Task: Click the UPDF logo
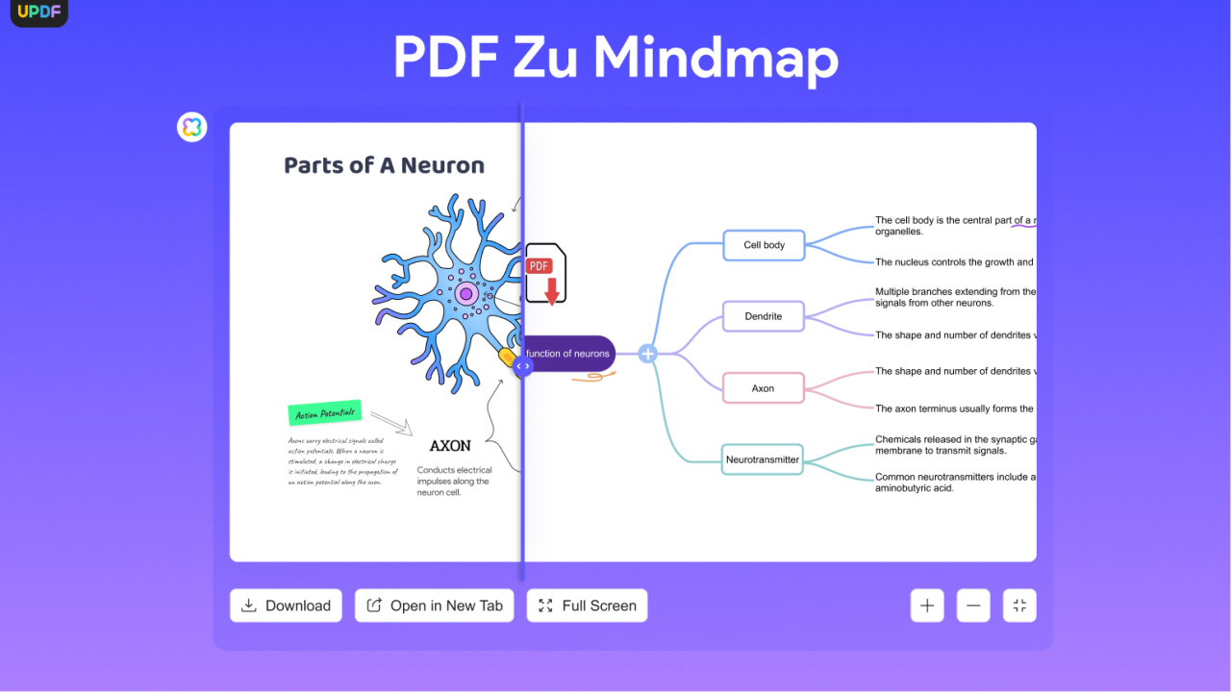click(38, 12)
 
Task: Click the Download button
click(286, 605)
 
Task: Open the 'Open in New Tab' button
click(435, 605)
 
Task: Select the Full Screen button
click(587, 605)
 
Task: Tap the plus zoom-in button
click(927, 605)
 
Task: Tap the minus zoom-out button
click(973, 605)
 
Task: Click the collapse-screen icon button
click(1019, 605)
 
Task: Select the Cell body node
click(764, 245)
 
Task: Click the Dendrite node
click(764, 316)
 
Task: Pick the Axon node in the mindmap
click(764, 388)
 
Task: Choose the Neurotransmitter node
click(762, 459)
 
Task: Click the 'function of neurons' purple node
click(569, 354)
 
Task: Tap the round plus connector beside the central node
click(648, 354)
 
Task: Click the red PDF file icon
click(545, 274)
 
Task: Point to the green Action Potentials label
click(325, 413)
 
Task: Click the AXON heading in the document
click(450, 446)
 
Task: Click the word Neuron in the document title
click(442, 165)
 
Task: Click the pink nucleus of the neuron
click(466, 293)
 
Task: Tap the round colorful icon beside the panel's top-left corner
click(192, 127)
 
